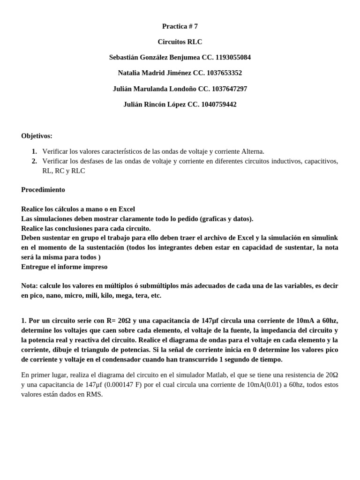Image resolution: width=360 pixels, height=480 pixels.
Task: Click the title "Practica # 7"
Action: click(x=180, y=26)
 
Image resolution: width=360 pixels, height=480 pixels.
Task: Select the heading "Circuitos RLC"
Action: click(x=180, y=42)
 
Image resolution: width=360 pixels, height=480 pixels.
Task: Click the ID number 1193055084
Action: click(x=233, y=57)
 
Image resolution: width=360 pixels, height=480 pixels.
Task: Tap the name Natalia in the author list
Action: click(x=130, y=73)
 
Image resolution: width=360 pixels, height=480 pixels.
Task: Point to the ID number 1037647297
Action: click(x=230, y=89)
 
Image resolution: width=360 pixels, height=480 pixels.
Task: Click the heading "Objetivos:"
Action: click(x=37, y=136)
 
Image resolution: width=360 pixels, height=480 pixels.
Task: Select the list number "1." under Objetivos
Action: click(x=34, y=151)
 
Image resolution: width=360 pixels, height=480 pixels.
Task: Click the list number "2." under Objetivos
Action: click(x=34, y=161)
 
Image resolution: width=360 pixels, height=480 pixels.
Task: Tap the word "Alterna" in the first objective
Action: click(x=253, y=151)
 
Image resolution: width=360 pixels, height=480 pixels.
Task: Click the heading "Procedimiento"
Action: click(x=43, y=190)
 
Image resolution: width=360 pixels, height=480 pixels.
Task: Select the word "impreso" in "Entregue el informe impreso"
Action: click(x=96, y=267)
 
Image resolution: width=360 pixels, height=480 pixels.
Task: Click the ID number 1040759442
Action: click(x=219, y=104)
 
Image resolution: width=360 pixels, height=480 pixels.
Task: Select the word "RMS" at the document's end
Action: click(x=94, y=394)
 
